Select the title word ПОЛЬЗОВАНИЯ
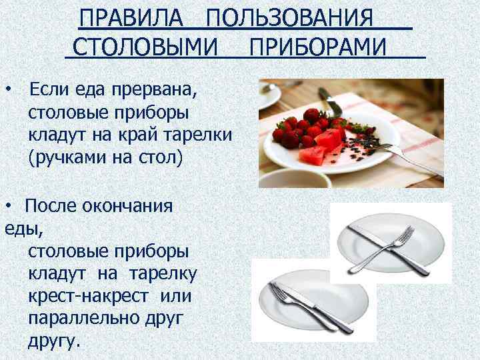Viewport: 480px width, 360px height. [x=289, y=17]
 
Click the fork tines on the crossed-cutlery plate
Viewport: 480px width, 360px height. [x=406, y=237]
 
